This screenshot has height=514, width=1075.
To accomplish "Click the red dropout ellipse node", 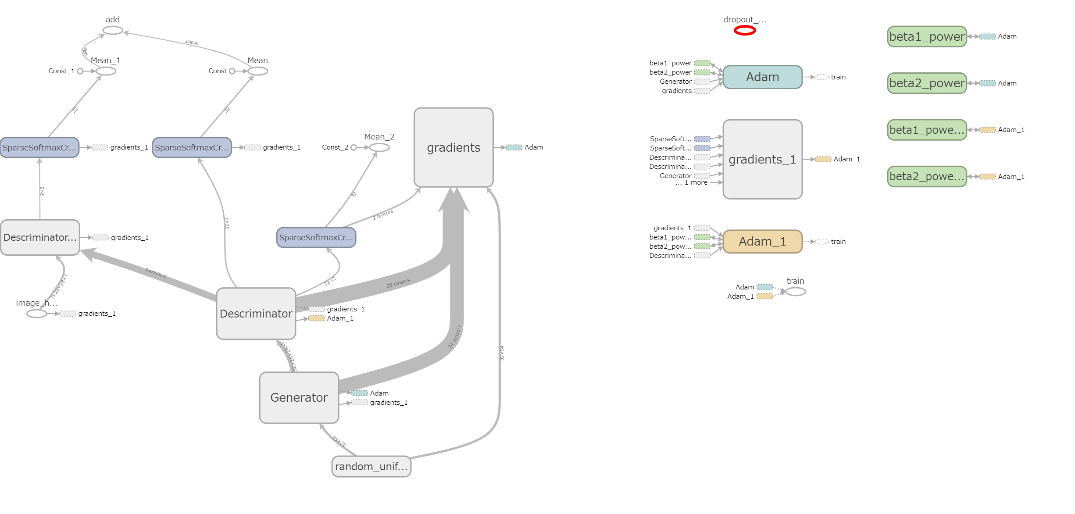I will point(745,30).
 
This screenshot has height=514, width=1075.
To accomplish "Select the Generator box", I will point(299,397).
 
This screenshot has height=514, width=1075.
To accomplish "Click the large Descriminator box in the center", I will point(256,314).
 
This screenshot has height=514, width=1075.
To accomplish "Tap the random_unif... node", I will point(371,466).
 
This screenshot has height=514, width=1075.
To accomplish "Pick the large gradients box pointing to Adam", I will point(454,147).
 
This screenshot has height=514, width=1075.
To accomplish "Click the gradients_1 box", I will point(762,159).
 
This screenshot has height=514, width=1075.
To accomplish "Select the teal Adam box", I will point(762,77).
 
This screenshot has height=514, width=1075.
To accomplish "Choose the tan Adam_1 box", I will point(762,242).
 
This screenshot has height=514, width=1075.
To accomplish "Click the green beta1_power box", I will point(927,36).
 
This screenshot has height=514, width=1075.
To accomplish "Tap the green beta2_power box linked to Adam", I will point(927,83).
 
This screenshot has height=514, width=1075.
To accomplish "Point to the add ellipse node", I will point(113,30).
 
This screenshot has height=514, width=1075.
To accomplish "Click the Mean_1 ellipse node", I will point(106,71).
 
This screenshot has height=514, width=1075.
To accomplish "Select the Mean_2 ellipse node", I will point(379,147).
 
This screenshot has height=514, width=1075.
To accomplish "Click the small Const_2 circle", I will point(354,147).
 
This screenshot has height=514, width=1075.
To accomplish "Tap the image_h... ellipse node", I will point(36,314).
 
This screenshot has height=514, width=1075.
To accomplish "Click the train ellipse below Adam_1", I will point(795,292).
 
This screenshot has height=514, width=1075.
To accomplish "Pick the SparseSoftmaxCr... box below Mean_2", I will point(316,237).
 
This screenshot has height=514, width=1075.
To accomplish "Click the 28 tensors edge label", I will point(398,283).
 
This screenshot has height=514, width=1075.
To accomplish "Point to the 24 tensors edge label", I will point(455,337).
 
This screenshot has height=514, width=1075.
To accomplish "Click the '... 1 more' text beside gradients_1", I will point(692,182).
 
